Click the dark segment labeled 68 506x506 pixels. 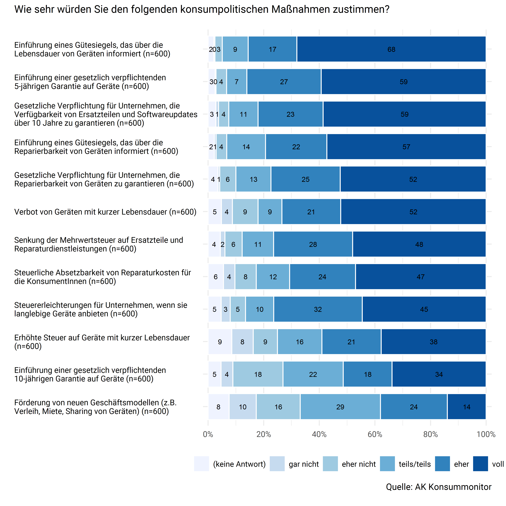click(x=391, y=49)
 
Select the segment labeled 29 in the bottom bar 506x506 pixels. click(x=340, y=407)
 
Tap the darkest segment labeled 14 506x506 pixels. click(x=466, y=407)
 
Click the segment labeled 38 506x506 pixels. click(x=433, y=342)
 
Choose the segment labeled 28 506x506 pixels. click(x=313, y=244)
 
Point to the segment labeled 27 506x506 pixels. click(x=284, y=82)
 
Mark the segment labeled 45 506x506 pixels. click(x=424, y=309)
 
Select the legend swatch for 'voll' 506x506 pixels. click(x=480, y=464)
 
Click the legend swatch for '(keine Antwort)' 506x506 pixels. click(x=201, y=464)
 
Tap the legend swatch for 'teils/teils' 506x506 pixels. click(x=387, y=464)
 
